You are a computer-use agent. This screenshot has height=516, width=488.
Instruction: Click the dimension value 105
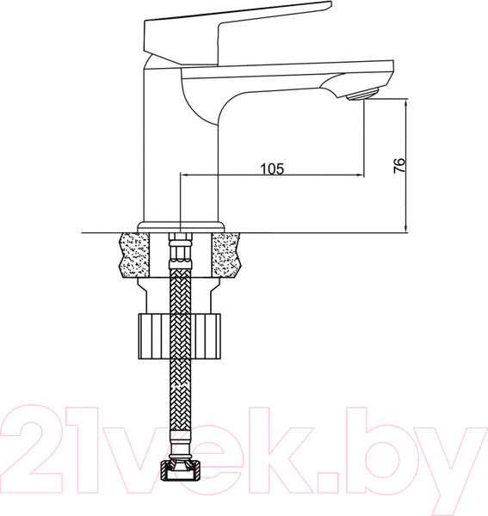pyautogui.click(x=271, y=169)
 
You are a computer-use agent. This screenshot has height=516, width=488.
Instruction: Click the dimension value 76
pyautogui.click(x=398, y=166)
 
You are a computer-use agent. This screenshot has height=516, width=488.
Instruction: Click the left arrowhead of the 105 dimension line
pyautogui.click(x=183, y=176)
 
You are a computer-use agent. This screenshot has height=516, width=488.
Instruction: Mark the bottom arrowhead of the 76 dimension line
pyautogui.click(x=405, y=227)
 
